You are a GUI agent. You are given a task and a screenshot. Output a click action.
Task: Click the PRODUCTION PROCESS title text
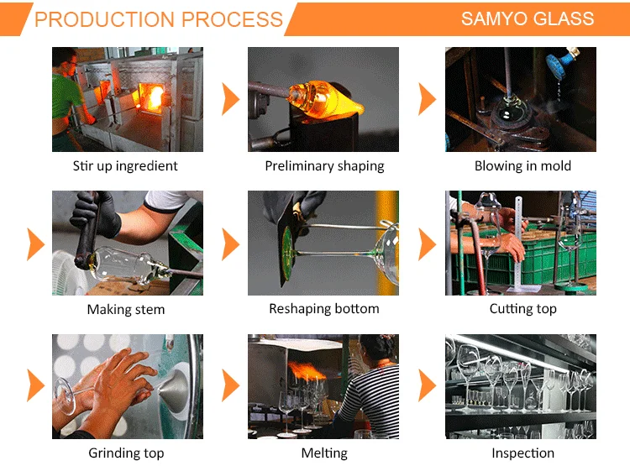pos(159,19)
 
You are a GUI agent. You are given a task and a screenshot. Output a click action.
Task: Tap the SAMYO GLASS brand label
pos(528,18)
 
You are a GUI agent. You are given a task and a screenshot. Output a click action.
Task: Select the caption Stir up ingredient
pos(125,165)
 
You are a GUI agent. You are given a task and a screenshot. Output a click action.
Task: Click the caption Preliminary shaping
pos(324,165)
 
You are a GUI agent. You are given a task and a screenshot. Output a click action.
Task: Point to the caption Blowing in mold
pos(522,165)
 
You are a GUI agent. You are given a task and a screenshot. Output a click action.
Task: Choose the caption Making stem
pos(126,309)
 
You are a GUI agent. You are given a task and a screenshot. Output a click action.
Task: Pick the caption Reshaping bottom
pos(324,309)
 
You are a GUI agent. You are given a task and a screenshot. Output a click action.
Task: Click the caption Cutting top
pos(522,309)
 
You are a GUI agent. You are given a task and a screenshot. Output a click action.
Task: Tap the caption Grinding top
pos(126,453)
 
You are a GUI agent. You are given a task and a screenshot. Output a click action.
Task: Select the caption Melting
pos(324,453)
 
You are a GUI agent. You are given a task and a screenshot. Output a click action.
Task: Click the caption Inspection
pos(522,453)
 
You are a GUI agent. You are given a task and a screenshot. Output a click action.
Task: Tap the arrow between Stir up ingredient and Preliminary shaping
pos(230,99)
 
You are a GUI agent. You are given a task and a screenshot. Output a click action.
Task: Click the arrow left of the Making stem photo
pos(34,243)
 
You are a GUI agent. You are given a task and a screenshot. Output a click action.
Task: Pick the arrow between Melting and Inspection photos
pos(428,386)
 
